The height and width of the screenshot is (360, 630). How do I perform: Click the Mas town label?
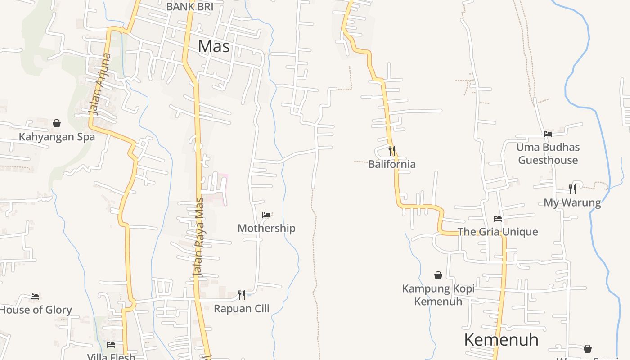(x=214, y=46)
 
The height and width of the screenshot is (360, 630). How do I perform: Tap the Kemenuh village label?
(x=501, y=340)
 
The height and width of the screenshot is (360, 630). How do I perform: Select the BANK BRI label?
(x=189, y=7)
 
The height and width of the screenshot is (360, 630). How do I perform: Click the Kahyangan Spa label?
(x=57, y=137)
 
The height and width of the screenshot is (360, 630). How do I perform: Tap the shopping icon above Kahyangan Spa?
(x=57, y=123)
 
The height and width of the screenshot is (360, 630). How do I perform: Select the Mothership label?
(x=266, y=228)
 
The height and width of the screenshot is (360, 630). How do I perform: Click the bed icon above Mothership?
(x=266, y=215)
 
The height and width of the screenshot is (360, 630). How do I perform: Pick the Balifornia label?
(x=392, y=164)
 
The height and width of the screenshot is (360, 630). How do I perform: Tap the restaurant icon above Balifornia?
(x=392, y=150)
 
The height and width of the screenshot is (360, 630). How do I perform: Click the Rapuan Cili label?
(x=242, y=309)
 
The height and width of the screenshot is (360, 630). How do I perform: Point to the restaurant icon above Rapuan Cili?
(x=242, y=295)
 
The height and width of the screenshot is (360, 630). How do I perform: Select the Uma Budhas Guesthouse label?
(x=548, y=153)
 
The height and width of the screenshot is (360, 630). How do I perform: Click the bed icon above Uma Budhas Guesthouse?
(x=548, y=134)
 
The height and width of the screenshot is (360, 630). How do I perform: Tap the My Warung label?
(x=572, y=202)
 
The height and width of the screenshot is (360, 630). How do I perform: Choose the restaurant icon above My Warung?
(x=572, y=189)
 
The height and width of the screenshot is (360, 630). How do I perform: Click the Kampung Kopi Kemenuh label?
(x=438, y=295)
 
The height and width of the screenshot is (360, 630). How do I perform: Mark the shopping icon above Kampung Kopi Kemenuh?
(x=438, y=275)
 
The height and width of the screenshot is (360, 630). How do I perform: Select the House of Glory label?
(x=36, y=310)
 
